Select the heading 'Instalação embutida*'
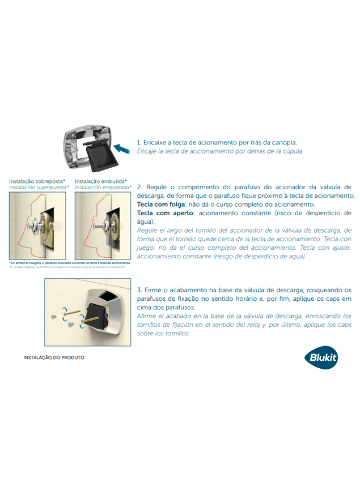click(100, 181)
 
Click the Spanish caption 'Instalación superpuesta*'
click(39, 188)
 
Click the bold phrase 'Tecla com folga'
click(160, 204)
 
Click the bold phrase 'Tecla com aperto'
click(162, 213)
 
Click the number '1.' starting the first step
click(139, 143)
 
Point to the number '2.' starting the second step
click(140, 186)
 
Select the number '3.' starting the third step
click(139, 289)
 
